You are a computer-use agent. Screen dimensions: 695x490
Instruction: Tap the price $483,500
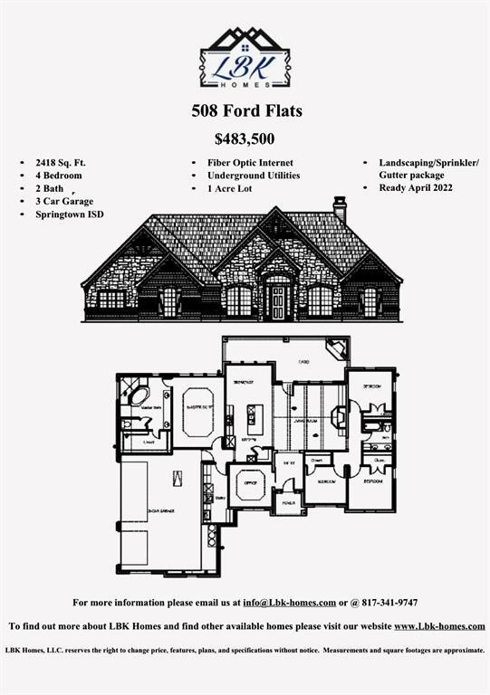(x=245, y=139)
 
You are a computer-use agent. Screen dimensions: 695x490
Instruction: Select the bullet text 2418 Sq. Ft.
(x=61, y=162)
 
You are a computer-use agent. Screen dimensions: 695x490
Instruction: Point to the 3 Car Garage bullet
(x=64, y=201)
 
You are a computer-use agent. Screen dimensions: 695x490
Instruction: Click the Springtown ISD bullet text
(x=70, y=214)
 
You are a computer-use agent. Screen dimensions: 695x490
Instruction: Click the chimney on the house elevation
(x=340, y=208)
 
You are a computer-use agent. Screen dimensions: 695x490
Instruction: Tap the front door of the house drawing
(x=278, y=302)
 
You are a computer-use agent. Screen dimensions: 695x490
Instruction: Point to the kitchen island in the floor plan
(x=255, y=417)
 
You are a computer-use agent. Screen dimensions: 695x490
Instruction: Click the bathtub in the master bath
(x=139, y=395)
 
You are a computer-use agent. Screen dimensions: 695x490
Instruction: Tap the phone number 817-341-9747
(x=383, y=603)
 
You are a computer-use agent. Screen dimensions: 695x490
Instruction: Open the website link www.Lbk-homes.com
(x=439, y=626)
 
